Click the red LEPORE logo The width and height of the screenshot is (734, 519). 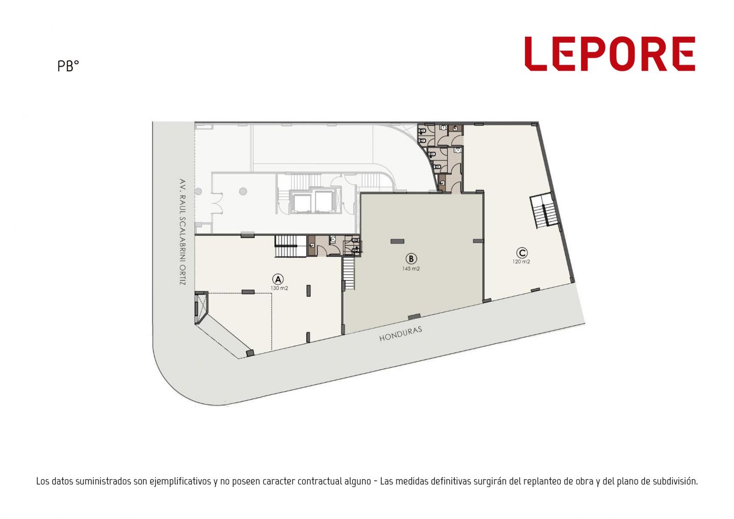(x=610, y=53)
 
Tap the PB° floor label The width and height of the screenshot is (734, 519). (x=68, y=66)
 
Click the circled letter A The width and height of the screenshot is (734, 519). (x=278, y=279)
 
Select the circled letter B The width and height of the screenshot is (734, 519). (x=411, y=259)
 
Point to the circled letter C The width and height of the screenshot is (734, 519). (x=521, y=253)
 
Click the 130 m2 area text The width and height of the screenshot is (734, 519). (x=279, y=288)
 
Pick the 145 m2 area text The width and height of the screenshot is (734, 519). (x=411, y=268)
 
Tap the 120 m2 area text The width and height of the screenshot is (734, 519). (x=521, y=262)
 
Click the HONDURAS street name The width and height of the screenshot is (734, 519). (x=401, y=334)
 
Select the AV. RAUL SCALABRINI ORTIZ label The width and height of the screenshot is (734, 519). (x=182, y=232)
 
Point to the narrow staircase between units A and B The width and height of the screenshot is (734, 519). (x=349, y=273)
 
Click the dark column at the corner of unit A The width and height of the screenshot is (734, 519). (x=250, y=353)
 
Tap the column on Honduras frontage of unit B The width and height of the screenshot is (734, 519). (x=414, y=317)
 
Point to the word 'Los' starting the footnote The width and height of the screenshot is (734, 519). (x=42, y=481)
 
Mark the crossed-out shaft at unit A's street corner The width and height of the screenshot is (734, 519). (x=201, y=308)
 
